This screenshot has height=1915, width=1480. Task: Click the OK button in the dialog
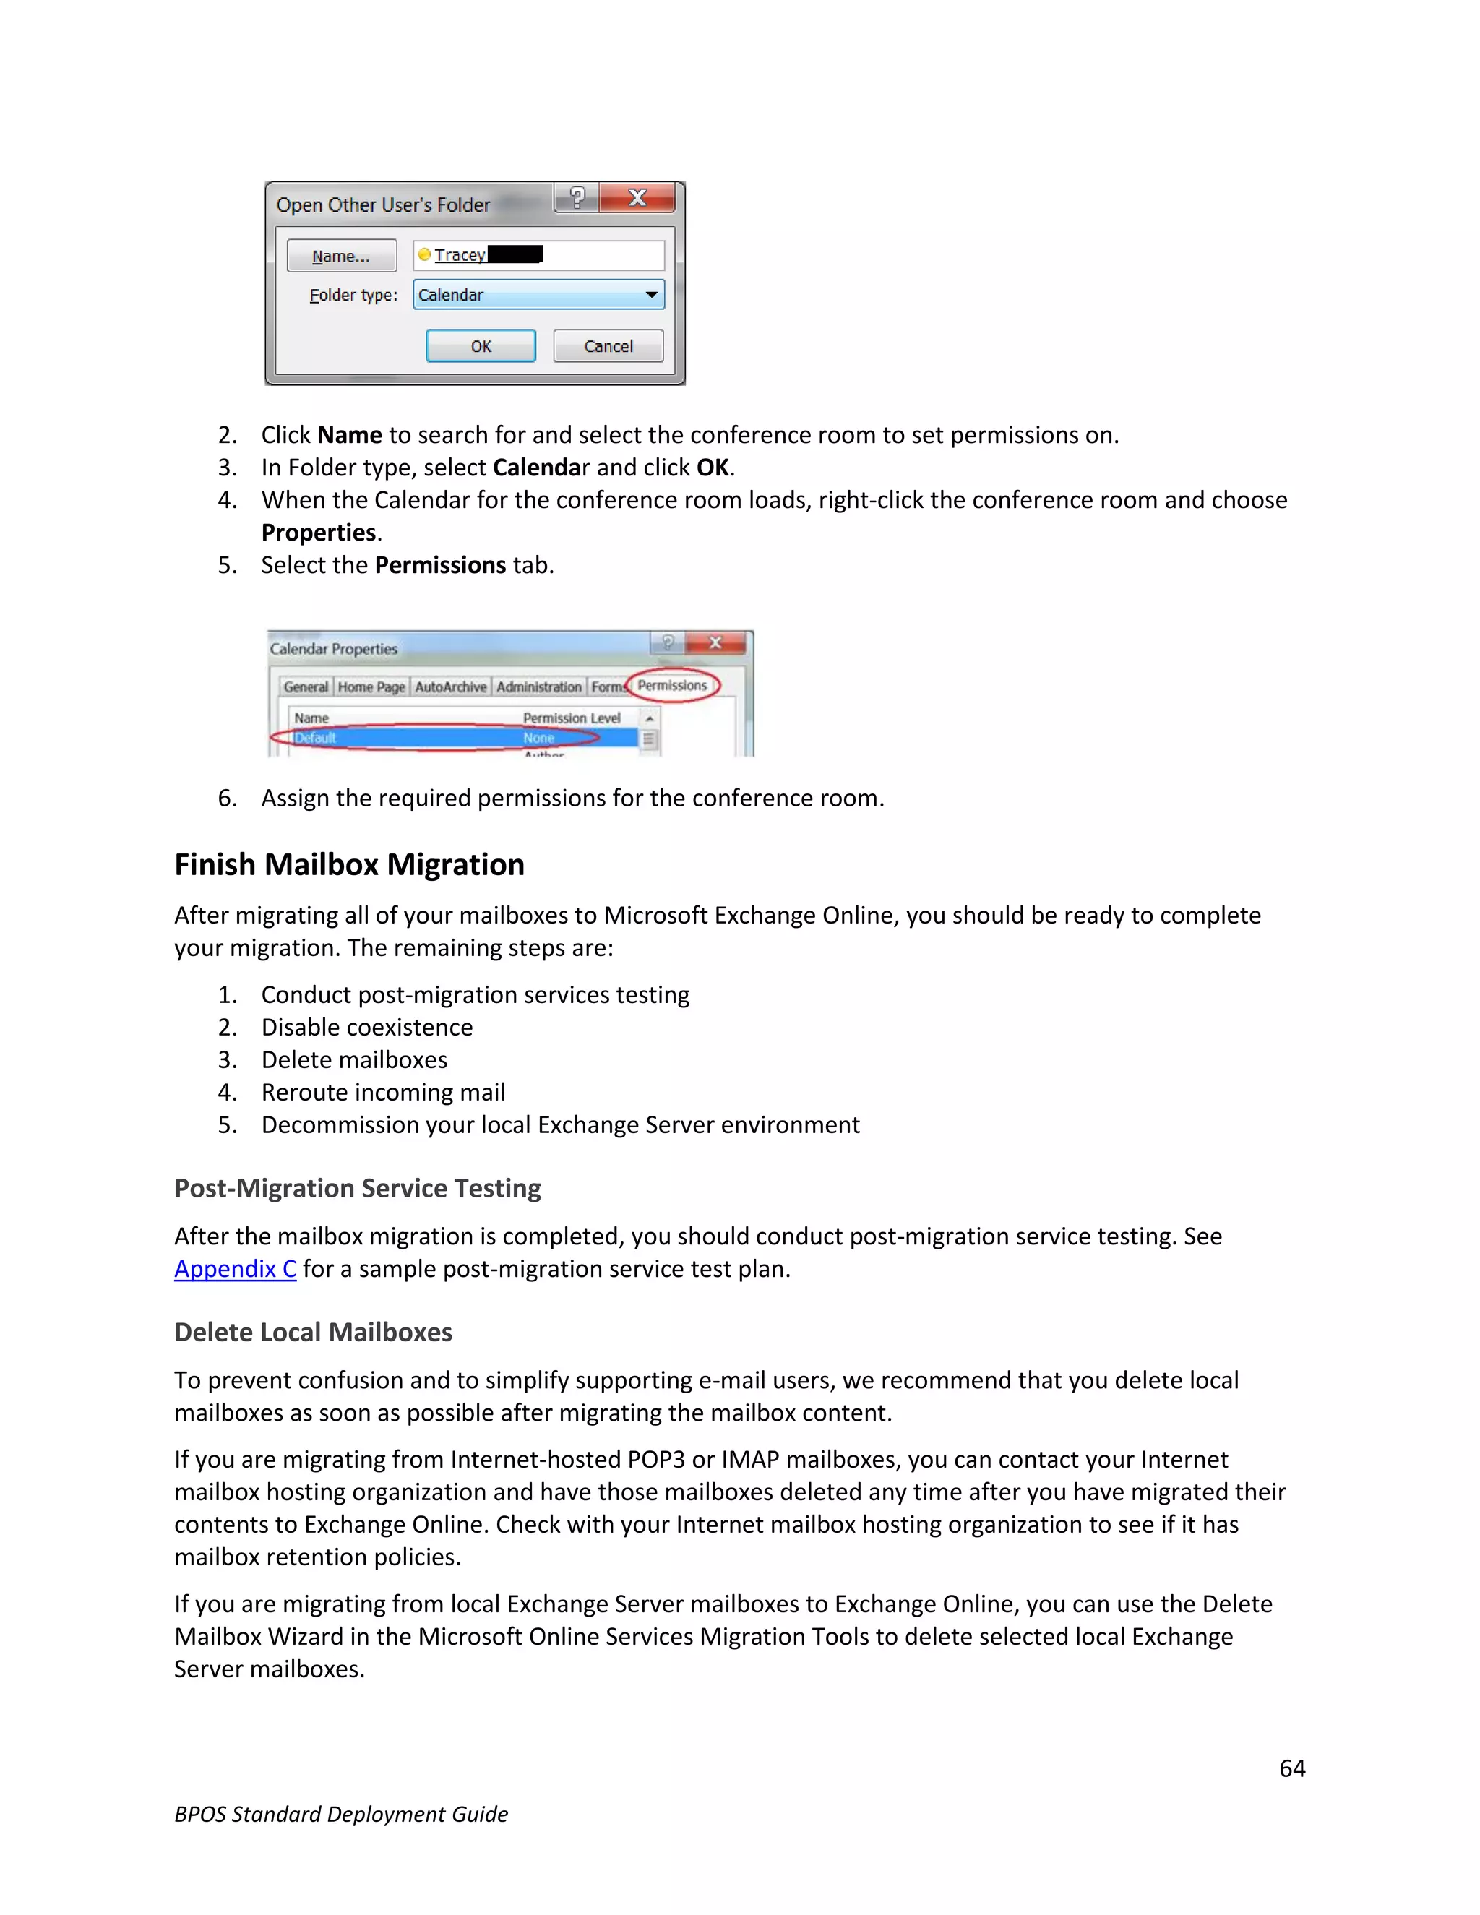(x=481, y=345)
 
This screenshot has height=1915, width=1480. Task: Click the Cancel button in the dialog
(x=608, y=345)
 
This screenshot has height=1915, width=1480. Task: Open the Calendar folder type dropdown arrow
(x=650, y=295)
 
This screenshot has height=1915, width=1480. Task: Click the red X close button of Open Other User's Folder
(x=637, y=198)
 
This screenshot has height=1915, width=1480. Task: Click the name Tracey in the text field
(x=460, y=255)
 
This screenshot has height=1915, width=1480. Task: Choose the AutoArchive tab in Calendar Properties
(x=451, y=687)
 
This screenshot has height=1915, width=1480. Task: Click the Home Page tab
(x=371, y=687)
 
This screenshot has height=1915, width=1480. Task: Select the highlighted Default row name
(x=315, y=737)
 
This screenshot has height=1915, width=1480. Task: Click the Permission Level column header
(x=571, y=718)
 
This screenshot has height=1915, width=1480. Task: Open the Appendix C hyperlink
(x=235, y=1268)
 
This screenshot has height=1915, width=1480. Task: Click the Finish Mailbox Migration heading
(x=349, y=864)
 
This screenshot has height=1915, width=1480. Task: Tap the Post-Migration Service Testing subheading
(x=357, y=1187)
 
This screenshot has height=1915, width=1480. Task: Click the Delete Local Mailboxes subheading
(x=313, y=1331)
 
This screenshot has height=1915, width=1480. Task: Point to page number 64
(x=1291, y=1768)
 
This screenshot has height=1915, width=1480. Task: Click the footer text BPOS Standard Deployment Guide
(x=341, y=1813)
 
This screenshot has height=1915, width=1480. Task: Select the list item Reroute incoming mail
(x=383, y=1092)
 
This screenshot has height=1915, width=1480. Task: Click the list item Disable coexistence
(x=366, y=1027)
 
